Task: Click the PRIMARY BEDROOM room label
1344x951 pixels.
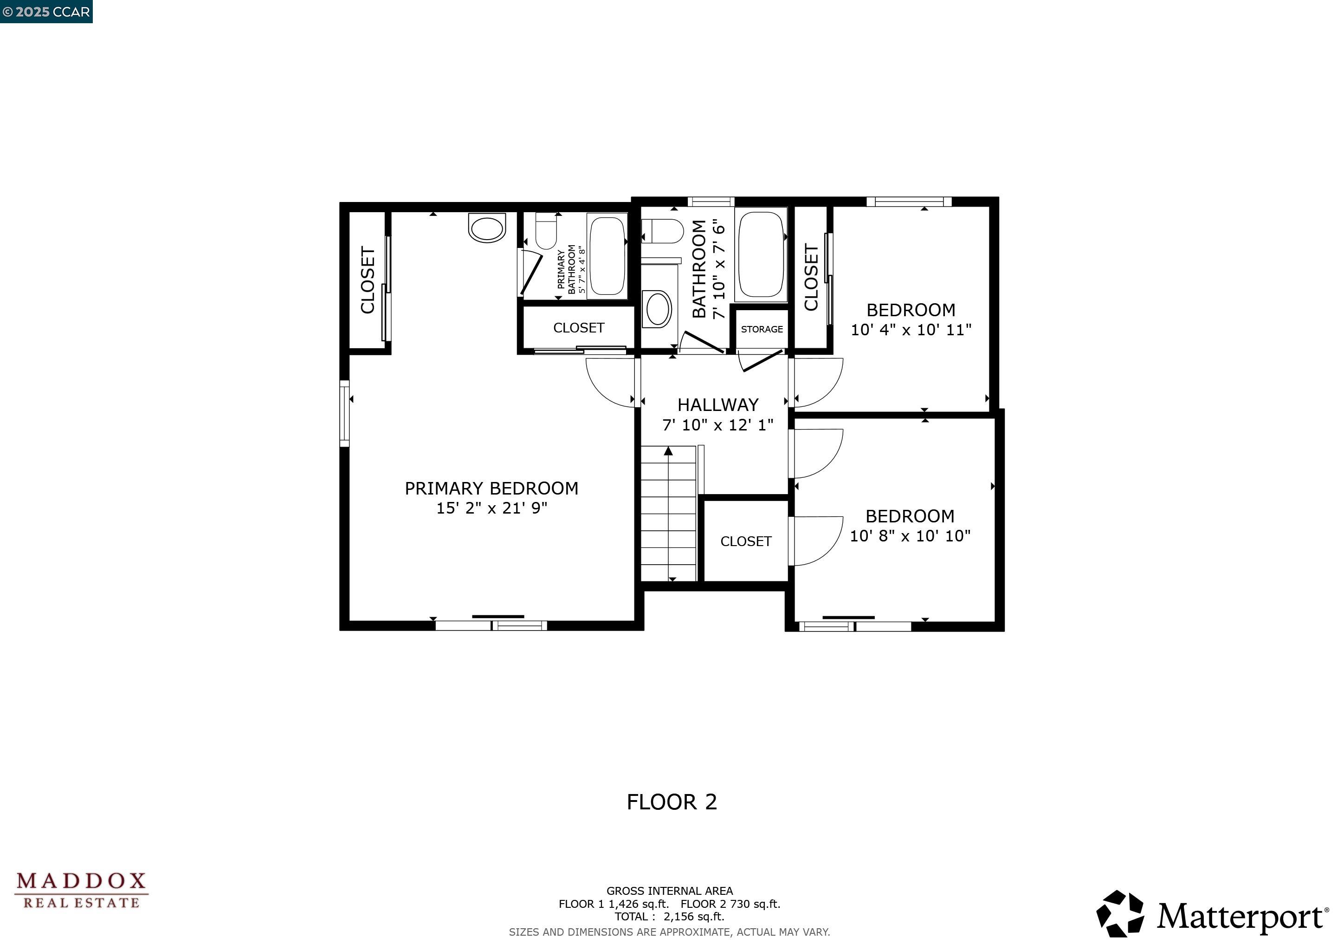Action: click(x=491, y=489)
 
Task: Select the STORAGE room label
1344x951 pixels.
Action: click(x=762, y=329)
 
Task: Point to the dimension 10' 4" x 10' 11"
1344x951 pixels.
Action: click(x=911, y=330)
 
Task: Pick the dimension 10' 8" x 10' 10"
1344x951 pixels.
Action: click(x=910, y=536)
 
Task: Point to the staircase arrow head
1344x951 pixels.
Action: click(x=668, y=451)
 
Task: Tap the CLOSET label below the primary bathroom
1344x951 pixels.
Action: click(x=578, y=328)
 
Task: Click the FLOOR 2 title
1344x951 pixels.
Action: click(x=672, y=801)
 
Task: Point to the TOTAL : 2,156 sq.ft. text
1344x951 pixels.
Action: click(x=669, y=917)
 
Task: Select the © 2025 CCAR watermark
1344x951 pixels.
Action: click(x=46, y=12)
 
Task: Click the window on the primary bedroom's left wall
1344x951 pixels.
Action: click(x=345, y=413)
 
